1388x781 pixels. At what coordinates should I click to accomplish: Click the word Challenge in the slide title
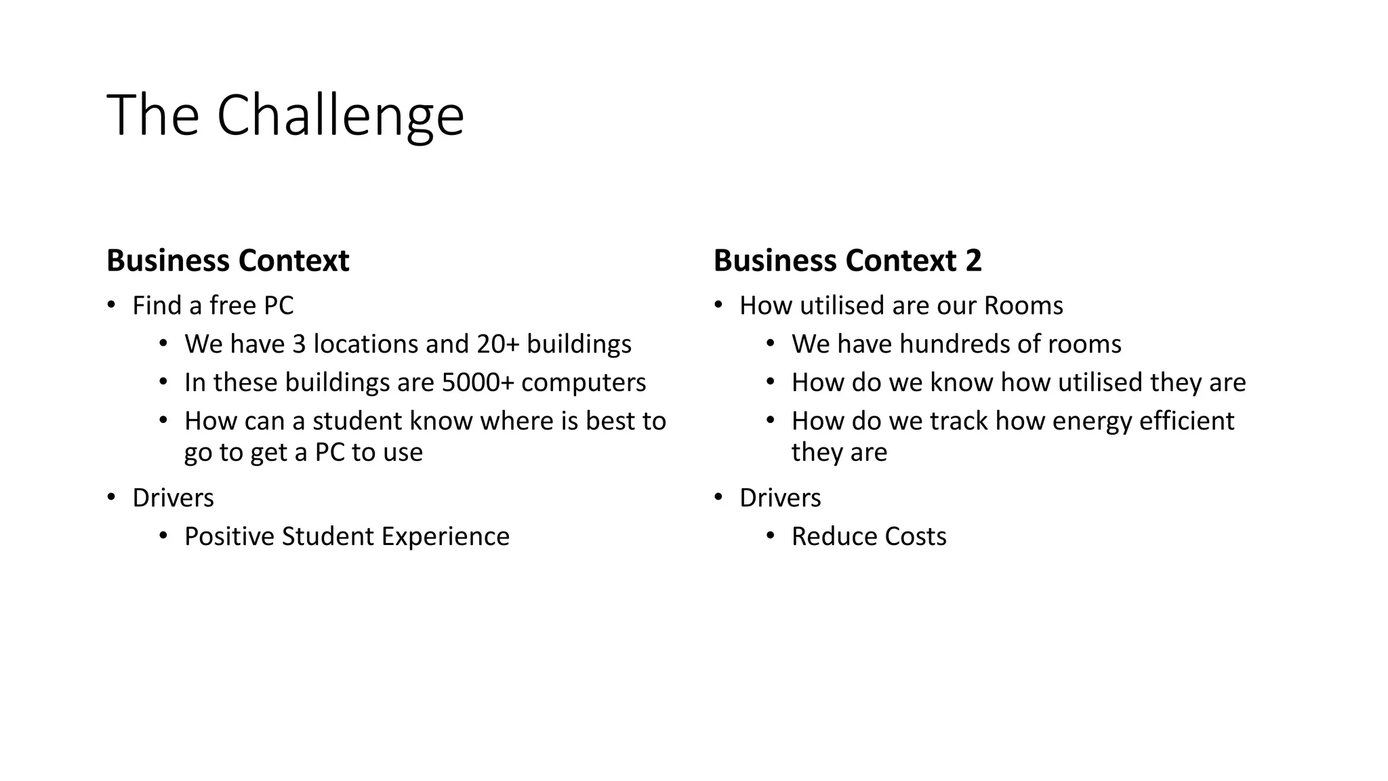tap(340, 115)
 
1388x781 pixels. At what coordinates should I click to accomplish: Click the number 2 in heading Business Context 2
tap(973, 261)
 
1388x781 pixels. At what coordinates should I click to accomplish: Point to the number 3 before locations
tap(299, 344)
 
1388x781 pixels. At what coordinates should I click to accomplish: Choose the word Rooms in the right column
tap(1023, 306)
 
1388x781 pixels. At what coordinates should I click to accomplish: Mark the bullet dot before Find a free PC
tap(112, 304)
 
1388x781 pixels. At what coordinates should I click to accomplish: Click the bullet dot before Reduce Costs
tap(771, 536)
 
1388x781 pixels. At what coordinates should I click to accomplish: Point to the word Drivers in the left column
tap(173, 498)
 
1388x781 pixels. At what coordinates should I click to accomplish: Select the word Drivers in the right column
tap(780, 498)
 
